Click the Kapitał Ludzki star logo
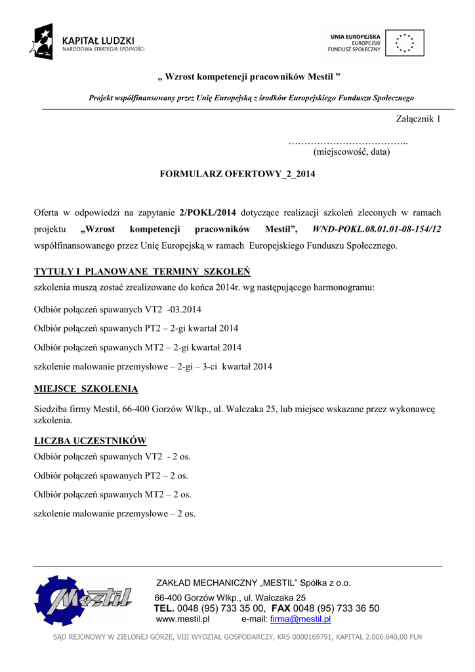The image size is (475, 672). click(41, 41)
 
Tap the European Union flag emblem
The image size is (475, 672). click(404, 43)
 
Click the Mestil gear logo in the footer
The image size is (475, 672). click(83, 599)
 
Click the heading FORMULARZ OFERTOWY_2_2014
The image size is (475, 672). click(237, 174)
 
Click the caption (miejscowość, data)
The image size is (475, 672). click(352, 152)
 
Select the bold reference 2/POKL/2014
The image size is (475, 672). click(207, 213)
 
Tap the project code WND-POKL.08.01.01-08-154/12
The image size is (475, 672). click(377, 230)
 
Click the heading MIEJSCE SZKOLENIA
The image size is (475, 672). click(86, 388)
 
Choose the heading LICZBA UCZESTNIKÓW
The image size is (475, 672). click(90, 440)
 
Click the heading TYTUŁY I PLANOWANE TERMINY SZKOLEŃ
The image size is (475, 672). click(142, 272)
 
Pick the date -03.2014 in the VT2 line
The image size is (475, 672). click(184, 309)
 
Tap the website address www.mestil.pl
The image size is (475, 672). click(182, 619)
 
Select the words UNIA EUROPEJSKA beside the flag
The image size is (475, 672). click(355, 36)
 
